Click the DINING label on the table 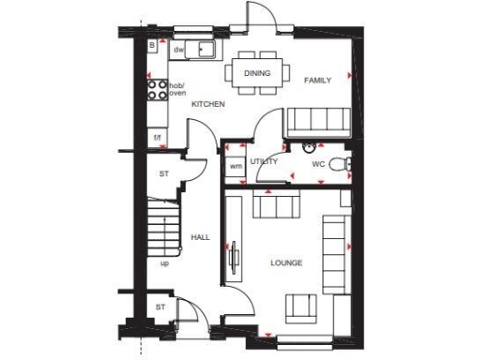tap(257, 73)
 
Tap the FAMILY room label tap(318, 81)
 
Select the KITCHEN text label tap(208, 104)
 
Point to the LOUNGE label tap(285, 262)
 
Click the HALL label tap(200, 238)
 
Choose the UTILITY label tap(264, 162)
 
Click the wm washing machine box tap(235, 166)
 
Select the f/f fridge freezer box tap(157, 138)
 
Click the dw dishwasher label tap(178, 49)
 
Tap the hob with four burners tap(157, 90)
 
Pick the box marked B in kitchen tap(152, 45)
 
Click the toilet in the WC tap(347, 164)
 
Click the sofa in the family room tap(318, 120)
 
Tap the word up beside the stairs tap(165, 263)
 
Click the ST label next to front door tap(159, 307)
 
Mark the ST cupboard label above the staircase tap(163, 174)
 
